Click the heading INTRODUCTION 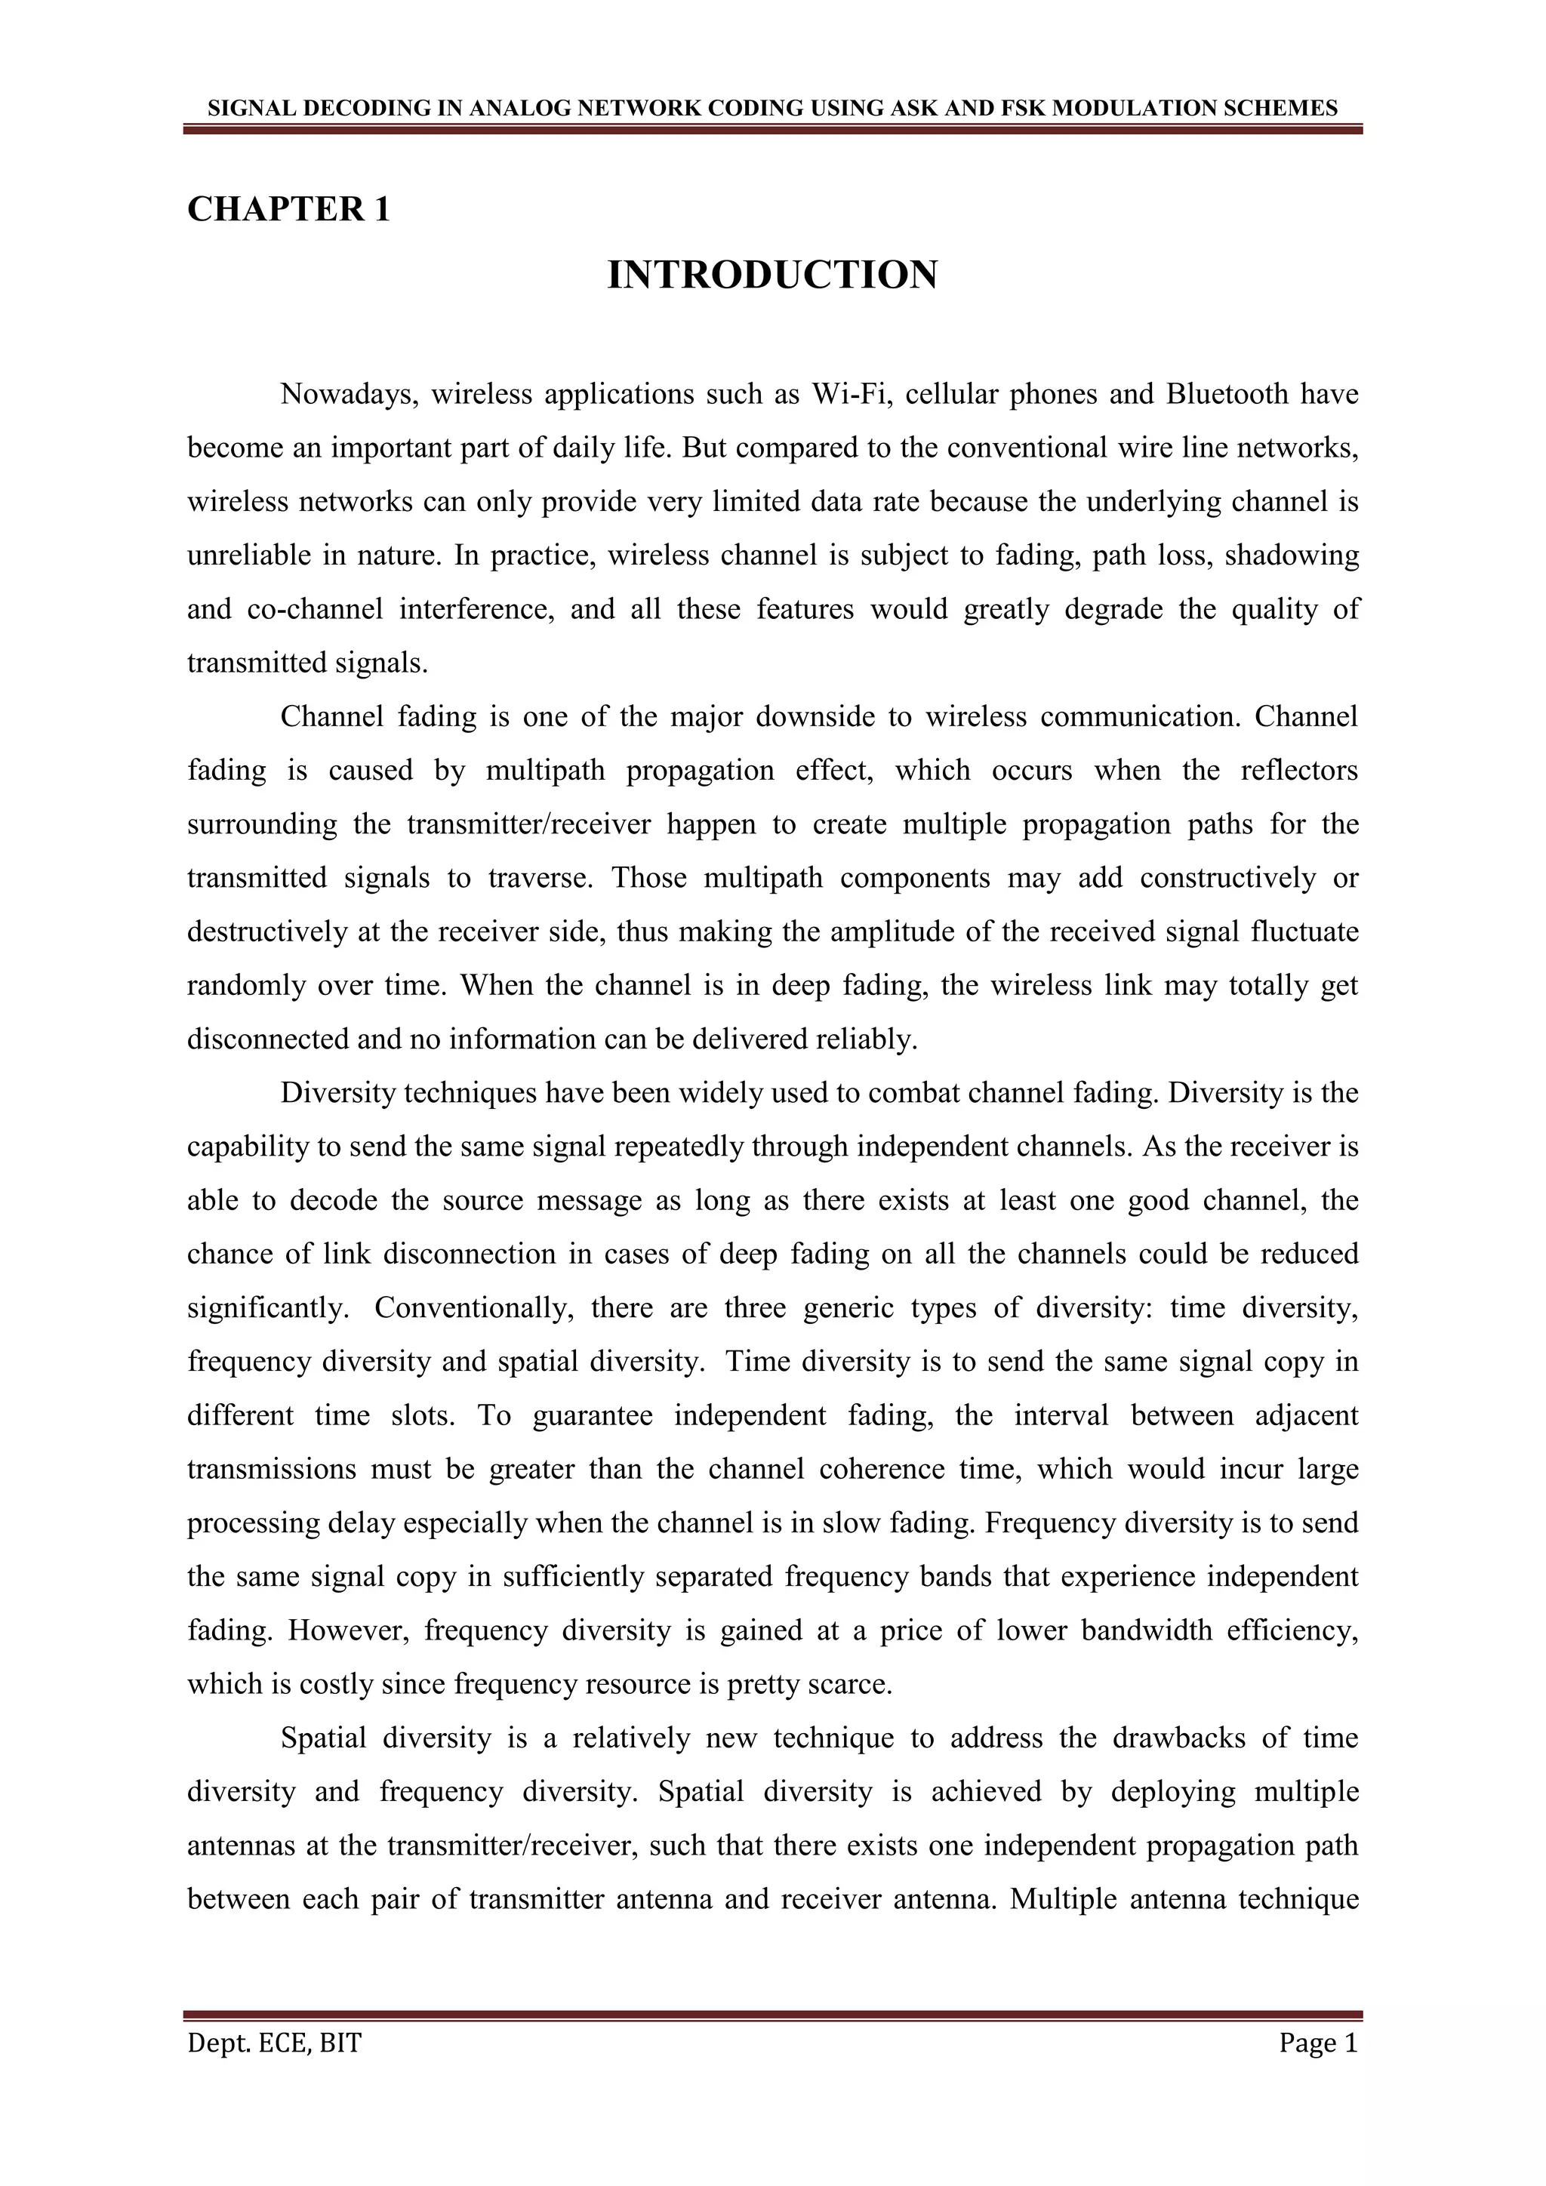[772, 276]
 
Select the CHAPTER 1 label [288, 208]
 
